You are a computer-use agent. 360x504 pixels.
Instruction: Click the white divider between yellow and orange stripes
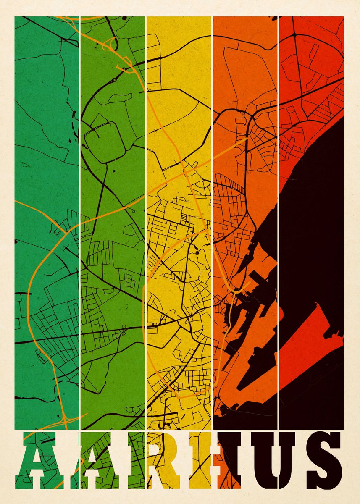pyautogui.click(x=212, y=210)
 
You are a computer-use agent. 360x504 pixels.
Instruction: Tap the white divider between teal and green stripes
pyautogui.click(x=79, y=210)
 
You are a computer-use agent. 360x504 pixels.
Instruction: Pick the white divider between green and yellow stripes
pyautogui.click(x=146, y=210)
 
